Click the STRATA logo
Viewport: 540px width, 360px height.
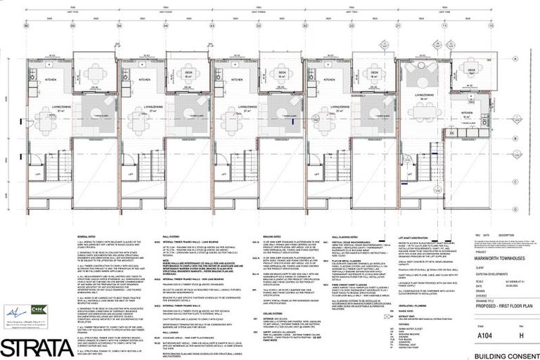35,347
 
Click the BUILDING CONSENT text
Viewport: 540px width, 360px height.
505,354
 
